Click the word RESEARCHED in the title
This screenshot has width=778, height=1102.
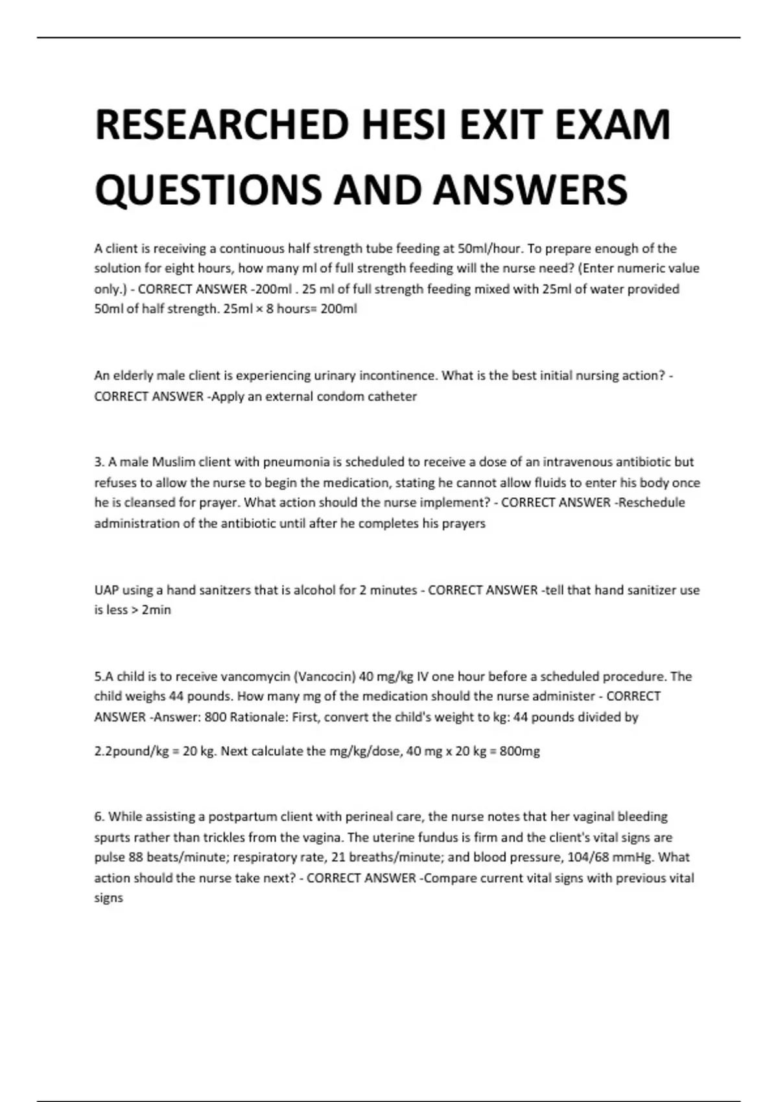click(220, 124)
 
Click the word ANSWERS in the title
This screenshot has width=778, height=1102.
click(530, 189)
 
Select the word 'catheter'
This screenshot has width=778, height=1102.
click(392, 396)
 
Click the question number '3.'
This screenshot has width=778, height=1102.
click(99, 462)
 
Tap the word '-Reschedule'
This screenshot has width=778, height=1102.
click(650, 502)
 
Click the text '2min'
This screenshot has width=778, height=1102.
click(156, 610)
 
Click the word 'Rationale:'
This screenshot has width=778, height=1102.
click(259, 717)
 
